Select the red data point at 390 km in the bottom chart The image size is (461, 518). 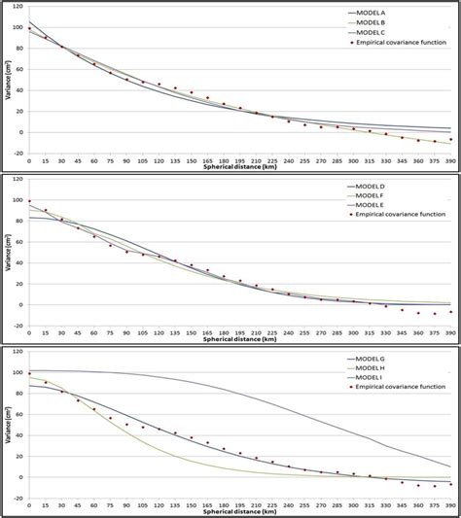click(x=449, y=484)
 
